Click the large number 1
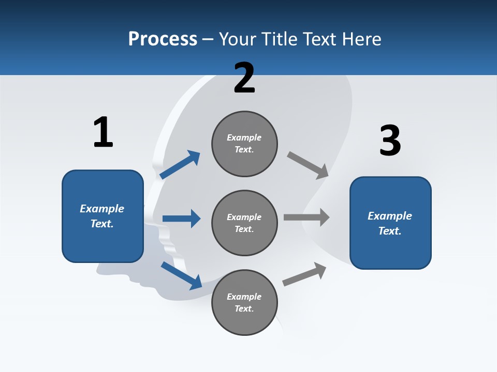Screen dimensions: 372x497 click(x=103, y=132)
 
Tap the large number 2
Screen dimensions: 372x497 click(x=244, y=78)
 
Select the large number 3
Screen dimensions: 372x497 click(x=390, y=141)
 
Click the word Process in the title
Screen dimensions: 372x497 click(x=163, y=39)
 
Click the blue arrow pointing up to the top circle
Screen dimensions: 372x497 click(x=180, y=165)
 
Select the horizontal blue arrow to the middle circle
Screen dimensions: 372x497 click(x=181, y=219)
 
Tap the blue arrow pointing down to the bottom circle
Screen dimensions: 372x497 click(x=181, y=275)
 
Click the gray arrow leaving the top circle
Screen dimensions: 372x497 click(x=308, y=165)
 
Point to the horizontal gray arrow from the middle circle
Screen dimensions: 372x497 click(x=306, y=218)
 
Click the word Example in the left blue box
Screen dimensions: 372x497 click(x=102, y=209)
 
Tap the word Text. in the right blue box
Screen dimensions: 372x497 click(x=390, y=231)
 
